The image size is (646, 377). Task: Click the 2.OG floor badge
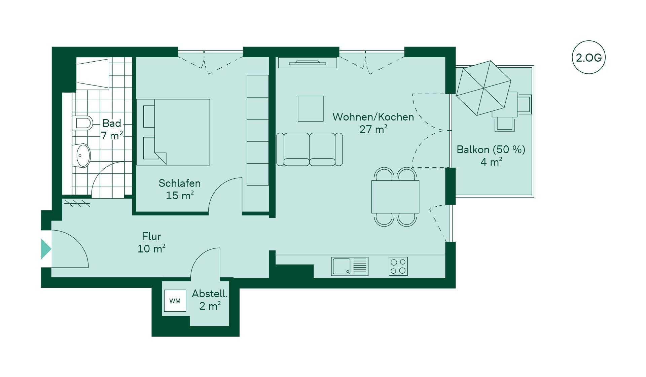(588, 58)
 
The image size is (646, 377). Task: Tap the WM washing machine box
(175, 301)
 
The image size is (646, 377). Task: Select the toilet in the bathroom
(82, 123)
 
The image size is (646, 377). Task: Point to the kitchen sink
(350, 266)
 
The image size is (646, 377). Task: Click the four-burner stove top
(398, 266)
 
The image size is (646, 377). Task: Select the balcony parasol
(483, 88)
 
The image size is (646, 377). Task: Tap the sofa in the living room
(310, 149)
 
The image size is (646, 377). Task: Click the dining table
(395, 197)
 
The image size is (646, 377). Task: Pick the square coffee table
(311, 109)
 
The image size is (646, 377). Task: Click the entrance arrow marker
(46, 249)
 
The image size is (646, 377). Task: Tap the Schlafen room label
(180, 183)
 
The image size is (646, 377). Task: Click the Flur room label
(151, 236)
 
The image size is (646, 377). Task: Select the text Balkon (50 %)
(491, 149)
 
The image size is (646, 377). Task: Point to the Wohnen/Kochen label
(373, 117)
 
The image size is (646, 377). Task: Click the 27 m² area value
(373, 129)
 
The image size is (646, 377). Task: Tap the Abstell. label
(210, 294)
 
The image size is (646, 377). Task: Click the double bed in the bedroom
(173, 132)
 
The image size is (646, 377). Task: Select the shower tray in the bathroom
(93, 73)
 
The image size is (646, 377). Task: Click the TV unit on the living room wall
(308, 63)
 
